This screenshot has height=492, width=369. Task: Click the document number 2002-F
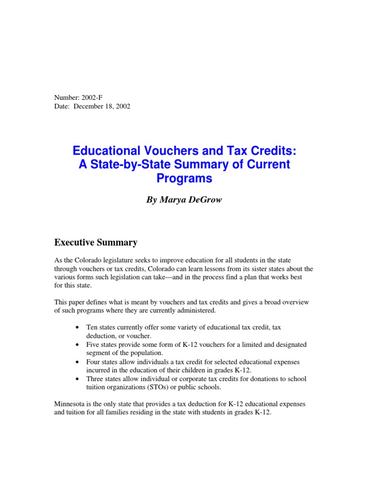(x=91, y=98)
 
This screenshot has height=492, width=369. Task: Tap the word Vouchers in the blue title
(x=165, y=151)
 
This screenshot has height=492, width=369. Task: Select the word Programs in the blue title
(x=184, y=179)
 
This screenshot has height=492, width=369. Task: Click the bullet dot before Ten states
(x=77, y=328)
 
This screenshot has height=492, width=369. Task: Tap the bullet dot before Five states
(x=77, y=345)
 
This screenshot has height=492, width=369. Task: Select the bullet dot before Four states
(x=77, y=362)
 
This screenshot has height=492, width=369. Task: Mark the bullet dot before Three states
(x=77, y=379)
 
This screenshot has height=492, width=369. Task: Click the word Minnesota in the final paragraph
(x=71, y=404)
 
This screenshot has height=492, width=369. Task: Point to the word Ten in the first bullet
(x=92, y=327)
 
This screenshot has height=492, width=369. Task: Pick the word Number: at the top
(x=65, y=98)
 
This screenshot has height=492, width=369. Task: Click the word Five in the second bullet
(x=93, y=344)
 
